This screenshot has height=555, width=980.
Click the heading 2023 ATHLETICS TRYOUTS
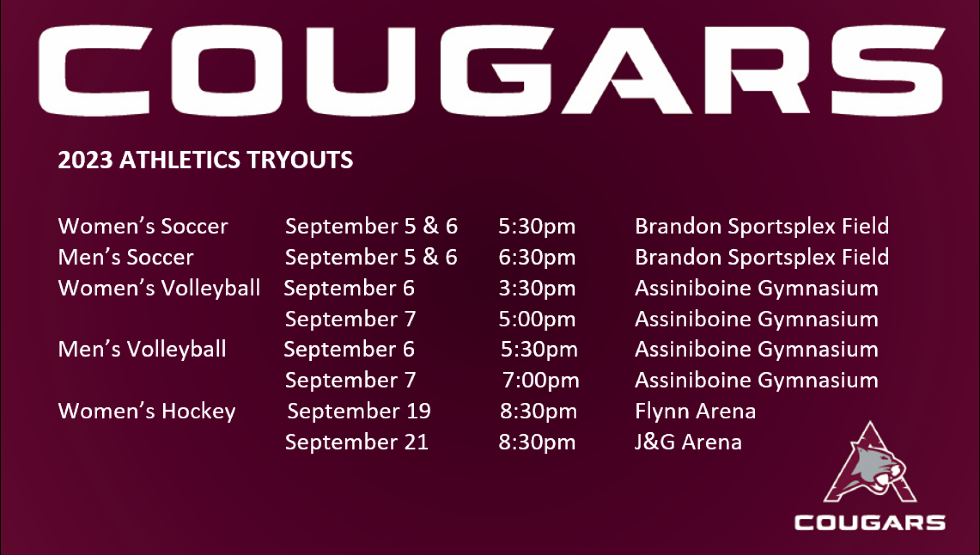coord(205,160)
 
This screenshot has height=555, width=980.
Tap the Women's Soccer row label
coord(143,226)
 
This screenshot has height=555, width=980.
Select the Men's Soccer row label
coord(126,257)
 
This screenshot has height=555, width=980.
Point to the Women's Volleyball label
coord(159,288)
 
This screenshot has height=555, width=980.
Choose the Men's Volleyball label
coord(142,349)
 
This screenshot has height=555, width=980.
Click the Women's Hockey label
coord(147,412)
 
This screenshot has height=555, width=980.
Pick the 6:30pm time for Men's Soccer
coord(537,257)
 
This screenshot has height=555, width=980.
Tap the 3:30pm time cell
coord(537,288)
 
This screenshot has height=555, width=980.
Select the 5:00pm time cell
coord(537,319)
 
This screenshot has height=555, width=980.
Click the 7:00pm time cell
coord(541,381)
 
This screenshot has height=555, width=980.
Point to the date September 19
coord(359,412)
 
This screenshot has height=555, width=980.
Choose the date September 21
coord(356,442)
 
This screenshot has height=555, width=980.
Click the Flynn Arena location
coord(695,411)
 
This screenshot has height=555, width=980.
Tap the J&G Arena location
coord(688,442)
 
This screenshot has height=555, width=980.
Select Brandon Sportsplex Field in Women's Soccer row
coord(762,227)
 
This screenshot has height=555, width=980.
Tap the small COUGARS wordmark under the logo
coord(870,523)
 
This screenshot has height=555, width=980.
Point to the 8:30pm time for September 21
coord(537,442)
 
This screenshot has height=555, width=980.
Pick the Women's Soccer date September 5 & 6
coord(371,227)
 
